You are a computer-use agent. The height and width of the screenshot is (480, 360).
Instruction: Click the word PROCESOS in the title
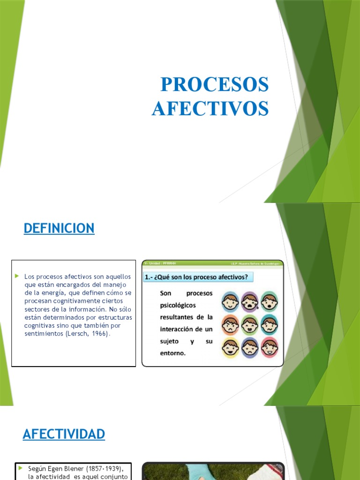pos(215,85)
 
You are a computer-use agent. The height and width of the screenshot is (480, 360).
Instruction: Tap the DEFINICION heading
pos(59,228)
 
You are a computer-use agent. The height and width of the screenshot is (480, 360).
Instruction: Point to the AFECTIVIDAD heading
pos(64,435)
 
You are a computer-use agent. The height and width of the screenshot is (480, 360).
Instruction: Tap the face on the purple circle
pos(249,301)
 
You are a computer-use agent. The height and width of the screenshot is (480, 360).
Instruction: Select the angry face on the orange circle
pos(230,324)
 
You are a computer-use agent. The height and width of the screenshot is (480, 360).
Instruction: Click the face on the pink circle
pos(270,347)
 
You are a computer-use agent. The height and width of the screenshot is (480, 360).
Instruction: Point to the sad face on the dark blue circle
pos(249,347)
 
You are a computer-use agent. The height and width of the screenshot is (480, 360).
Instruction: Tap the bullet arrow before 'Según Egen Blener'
pos(21,468)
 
